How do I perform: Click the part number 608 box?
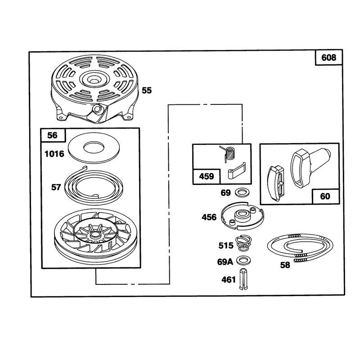pos(329,58)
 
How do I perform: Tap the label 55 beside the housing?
pos(147,90)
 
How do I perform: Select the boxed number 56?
pos(53,135)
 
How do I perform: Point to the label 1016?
pos(54,154)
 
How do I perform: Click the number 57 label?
pos(56,187)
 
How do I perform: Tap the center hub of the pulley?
pos(94,234)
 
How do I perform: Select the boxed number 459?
pos(207,176)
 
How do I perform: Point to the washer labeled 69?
pos(243,193)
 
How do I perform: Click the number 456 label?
pos(209,217)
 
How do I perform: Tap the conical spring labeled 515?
pos(243,243)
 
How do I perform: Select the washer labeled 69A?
pos(243,261)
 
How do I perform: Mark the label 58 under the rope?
pos(285,265)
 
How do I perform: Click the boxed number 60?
pos(325,196)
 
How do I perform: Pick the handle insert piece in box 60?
pos(276,183)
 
